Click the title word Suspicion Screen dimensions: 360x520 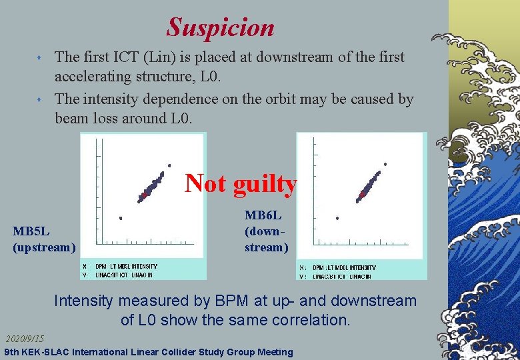[220, 27]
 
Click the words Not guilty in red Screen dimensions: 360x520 [240, 183]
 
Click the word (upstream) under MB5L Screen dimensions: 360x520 [44, 247]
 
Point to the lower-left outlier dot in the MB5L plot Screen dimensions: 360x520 [121, 218]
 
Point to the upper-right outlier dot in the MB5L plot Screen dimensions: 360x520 [170, 165]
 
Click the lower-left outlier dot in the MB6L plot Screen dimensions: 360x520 [337, 218]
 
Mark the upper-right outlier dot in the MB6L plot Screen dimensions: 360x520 [385, 164]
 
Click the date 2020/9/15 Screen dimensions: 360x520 [25, 339]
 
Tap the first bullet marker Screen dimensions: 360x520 [41, 59]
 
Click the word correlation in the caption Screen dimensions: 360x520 [309, 320]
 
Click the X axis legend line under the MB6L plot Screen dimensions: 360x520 [339, 267]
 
